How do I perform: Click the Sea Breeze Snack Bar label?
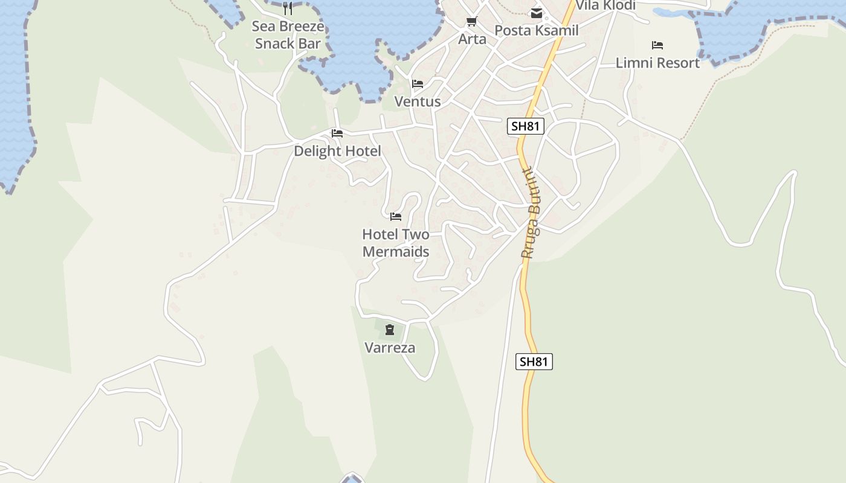pos(288,35)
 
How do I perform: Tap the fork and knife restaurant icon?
pos(288,8)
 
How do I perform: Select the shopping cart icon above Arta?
pos(472,22)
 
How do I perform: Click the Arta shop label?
pos(472,39)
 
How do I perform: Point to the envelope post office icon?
pos(536,13)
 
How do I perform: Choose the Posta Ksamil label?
pos(537,30)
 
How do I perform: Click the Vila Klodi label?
pos(605,5)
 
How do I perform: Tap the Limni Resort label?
pos(657,63)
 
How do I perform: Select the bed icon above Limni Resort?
pos(657,45)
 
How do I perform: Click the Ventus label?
pos(418,101)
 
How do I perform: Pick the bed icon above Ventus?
pos(418,84)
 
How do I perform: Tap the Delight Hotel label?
pos(337,151)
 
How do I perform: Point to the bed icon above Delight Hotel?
pos(337,133)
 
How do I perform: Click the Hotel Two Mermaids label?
pos(396,243)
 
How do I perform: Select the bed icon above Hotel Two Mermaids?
pos(396,217)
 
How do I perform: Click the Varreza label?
pos(390,348)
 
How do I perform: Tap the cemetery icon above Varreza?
pos(390,330)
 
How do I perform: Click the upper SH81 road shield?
pos(526,126)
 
